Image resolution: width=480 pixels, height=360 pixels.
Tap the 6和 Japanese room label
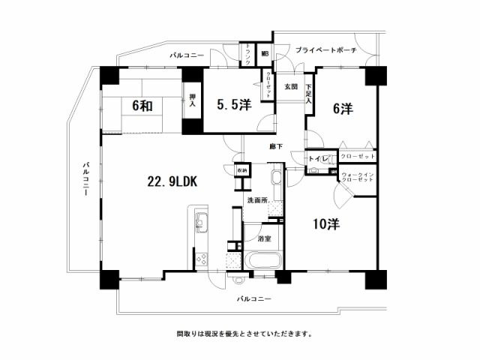click(142, 106)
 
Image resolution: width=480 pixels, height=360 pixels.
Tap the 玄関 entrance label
click(291, 87)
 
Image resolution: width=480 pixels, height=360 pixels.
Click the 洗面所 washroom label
click(259, 202)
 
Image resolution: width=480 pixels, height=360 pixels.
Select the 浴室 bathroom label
click(264, 238)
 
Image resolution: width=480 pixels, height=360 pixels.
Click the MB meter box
click(265, 54)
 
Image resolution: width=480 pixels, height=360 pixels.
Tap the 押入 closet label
click(193, 100)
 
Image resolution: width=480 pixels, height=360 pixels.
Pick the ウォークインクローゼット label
click(358, 178)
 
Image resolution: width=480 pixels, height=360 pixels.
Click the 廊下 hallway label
click(276, 147)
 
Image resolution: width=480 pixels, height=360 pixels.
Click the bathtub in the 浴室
click(262, 262)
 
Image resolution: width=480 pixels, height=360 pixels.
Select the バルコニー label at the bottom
click(253, 298)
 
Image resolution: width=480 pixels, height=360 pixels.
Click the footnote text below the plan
click(244, 333)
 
